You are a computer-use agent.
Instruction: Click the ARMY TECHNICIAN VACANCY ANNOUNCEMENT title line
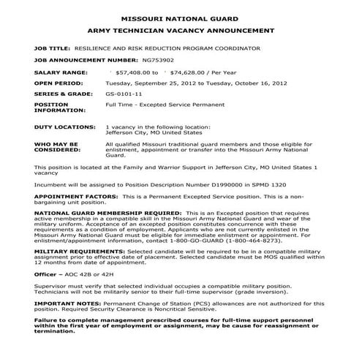[x=181, y=31]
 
